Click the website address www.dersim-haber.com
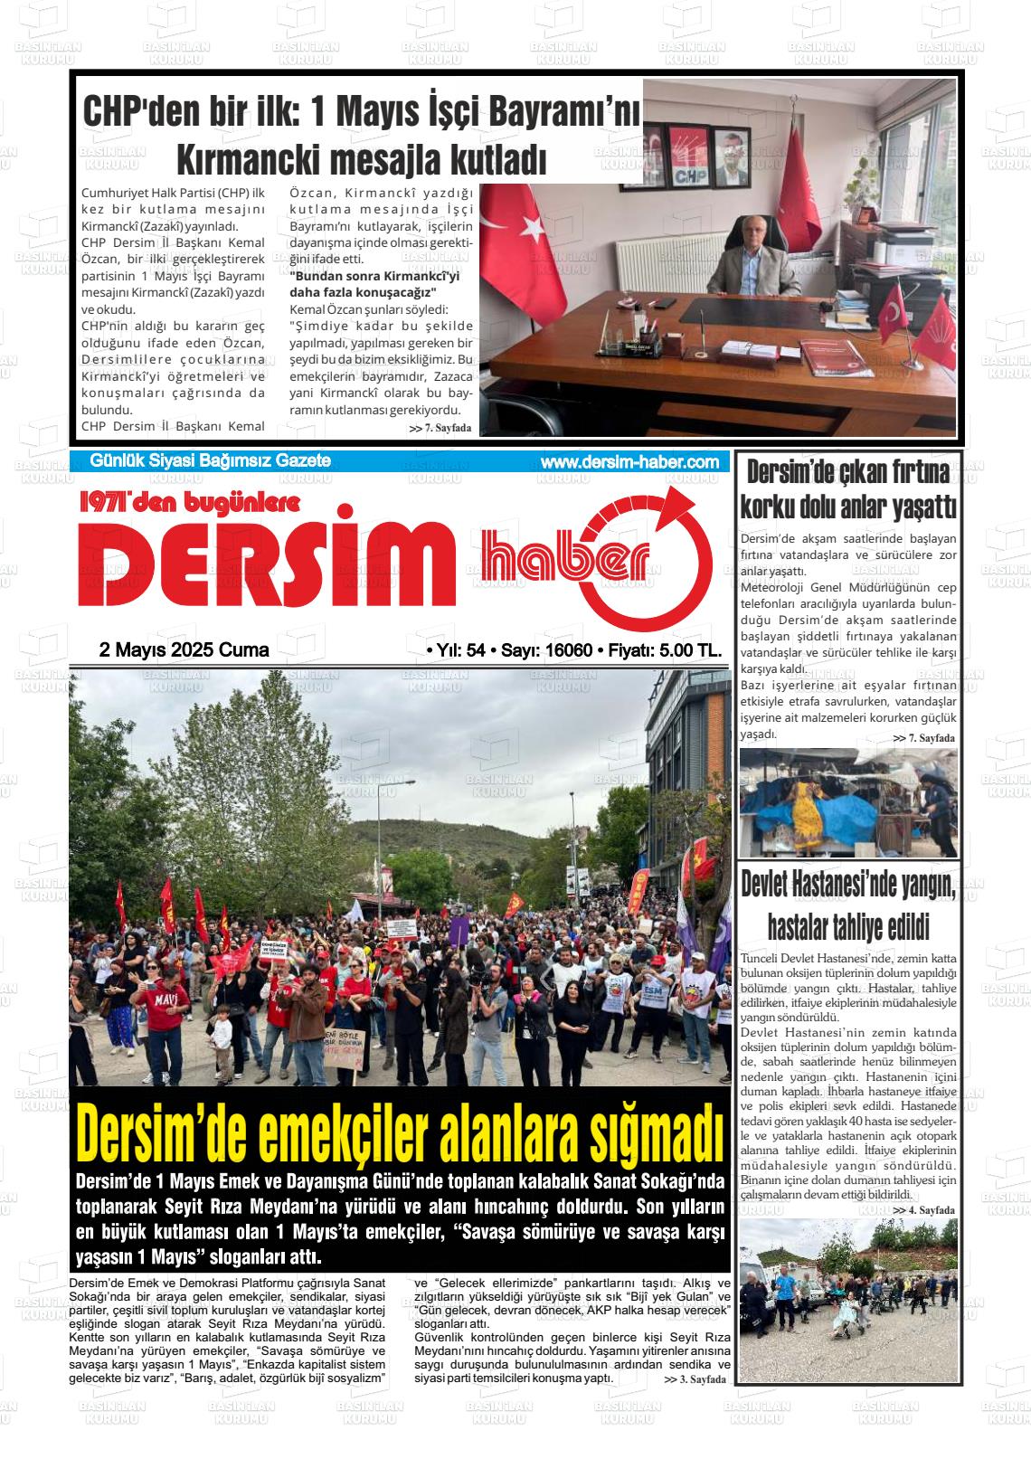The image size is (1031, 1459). [x=629, y=462]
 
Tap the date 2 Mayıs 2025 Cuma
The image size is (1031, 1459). [x=184, y=650]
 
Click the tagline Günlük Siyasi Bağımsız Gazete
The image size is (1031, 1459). [x=210, y=461]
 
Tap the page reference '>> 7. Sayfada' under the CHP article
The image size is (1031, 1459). [x=440, y=428]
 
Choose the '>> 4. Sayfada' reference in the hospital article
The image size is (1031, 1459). [x=923, y=1209]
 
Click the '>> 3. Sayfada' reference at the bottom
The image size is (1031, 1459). [x=694, y=1379]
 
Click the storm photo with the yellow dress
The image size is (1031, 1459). [x=847, y=802]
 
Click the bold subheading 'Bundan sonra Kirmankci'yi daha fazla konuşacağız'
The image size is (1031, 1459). [x=374, y=284]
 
